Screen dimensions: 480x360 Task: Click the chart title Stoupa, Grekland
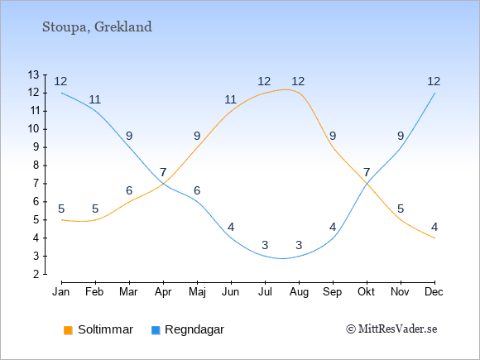click(97, 27)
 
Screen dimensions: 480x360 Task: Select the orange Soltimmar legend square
click(68, 330)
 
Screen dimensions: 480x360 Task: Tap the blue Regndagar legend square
click(156, 330)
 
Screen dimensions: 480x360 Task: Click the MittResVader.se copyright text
click(391, 329)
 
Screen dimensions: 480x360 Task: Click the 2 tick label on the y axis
click(36, 274)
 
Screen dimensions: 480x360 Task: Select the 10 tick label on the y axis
click(33, 129)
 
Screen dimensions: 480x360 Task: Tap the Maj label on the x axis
click(197, 292)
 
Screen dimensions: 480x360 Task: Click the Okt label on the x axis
click(367, 292)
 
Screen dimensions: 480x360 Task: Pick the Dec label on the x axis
click(434, 292)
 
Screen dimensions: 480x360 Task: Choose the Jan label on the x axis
click(61, 292)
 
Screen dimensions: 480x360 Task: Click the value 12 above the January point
click(60, 81)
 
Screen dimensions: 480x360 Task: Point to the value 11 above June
click(231, 99)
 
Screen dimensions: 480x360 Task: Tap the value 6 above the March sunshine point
click(129, 190)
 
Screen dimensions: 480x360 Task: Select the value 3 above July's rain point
click(265, 245)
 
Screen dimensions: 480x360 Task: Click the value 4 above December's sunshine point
click(434, 227)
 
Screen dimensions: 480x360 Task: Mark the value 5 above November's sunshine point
click(401, 209)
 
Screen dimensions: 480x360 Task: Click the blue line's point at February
click(95, 111)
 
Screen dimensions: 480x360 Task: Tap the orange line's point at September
click(333, 147)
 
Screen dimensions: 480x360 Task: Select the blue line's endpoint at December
click(434, 93)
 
